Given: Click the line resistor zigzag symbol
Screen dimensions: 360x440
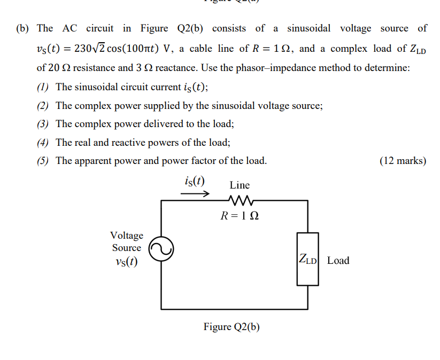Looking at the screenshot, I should coord(239,201).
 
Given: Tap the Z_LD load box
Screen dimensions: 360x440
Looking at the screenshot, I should coord(307,260).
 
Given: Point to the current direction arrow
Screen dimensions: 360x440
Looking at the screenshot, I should coord(195,194).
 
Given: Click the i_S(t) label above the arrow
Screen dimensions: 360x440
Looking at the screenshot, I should coord(194,180).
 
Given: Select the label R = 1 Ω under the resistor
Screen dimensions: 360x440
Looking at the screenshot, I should coord(240,216).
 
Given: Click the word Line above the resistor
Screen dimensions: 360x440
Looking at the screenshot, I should coord(240,185).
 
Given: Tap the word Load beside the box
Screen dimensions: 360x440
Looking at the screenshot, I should coord(338,261).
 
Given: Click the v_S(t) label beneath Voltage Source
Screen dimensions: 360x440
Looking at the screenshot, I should coord(126,262).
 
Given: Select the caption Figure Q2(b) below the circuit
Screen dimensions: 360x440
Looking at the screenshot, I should coord(231,326).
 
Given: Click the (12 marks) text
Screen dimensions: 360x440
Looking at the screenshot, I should coord(403,161).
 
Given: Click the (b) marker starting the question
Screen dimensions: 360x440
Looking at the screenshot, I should coord(25,28).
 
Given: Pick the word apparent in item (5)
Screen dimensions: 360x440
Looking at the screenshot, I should coord(95,161).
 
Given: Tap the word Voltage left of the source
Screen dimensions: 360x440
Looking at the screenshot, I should coord(127,236).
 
